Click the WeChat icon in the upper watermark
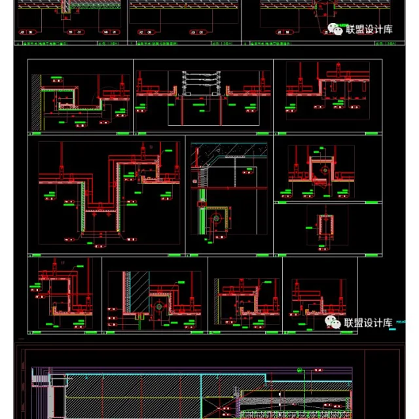335,29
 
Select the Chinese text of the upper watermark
369,29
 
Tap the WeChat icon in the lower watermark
333,322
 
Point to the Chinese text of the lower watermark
368,322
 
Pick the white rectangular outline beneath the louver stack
196,111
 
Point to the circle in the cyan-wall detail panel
157,305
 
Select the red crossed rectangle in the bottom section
220,406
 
